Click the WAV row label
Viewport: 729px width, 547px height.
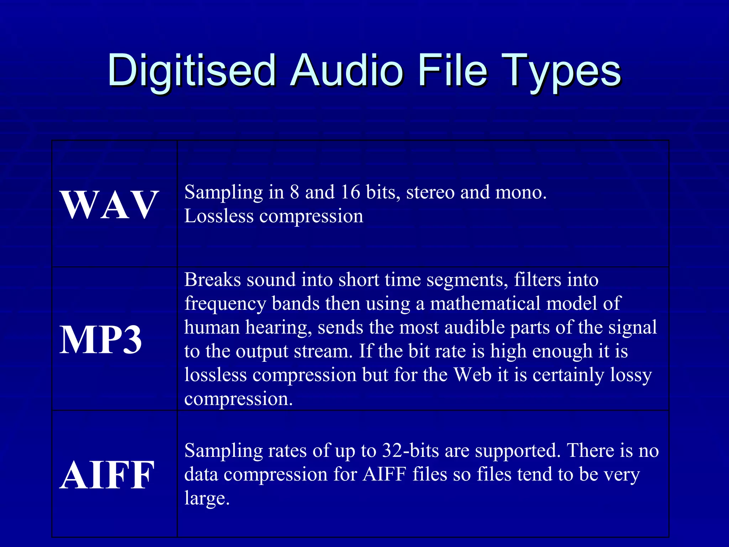(x=110, y=204)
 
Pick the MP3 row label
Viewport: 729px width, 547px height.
(x=101, y=340)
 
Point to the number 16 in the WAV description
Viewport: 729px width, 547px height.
(x=351, y=192)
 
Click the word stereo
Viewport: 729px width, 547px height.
(x=430, y=192)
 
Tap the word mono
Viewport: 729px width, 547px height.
(x=521, y=192)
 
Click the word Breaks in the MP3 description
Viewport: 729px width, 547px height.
(x=213, y=280)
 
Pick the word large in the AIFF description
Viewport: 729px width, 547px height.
(x=207, y=499)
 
